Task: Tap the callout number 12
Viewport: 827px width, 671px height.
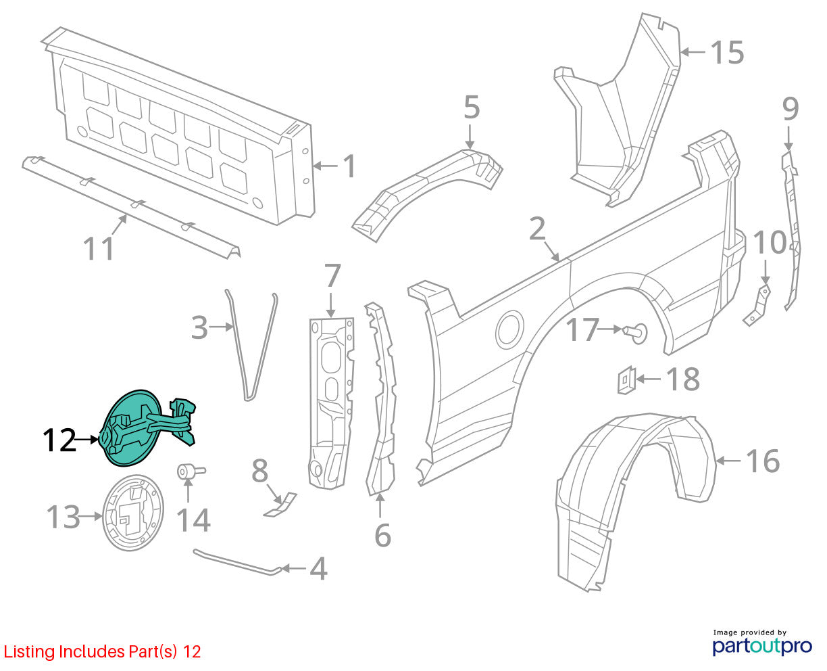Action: pyautogui.click(x=59, y=440)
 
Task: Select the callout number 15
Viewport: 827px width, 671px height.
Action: pyautogui.click(x=727, y=52)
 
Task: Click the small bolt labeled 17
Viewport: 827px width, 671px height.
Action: pyautogui.click(x=635, y=333)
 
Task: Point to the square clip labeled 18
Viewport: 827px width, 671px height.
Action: pyautogui.click(x=626, y=380)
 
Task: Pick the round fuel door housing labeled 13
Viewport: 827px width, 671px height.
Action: pyautogui.click(x=133, y=513)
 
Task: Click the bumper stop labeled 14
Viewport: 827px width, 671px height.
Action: pyautogui.click(x=191, y=471)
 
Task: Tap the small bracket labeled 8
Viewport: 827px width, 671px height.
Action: pyautogui.click(x=280, y=505)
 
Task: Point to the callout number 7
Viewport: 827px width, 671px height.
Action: pyautogui.click(x=332, y=275)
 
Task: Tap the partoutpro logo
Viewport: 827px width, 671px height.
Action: pyautogui.click(x=761, y=646)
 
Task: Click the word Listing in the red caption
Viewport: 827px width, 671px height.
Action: pyautogui.click(x=30, y=651)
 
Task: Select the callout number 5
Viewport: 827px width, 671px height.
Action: pyautogui.click(x=472, y=107)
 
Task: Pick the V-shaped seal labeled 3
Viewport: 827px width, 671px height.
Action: pyautogui.click(x=251, y=346)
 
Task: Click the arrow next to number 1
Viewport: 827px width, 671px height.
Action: pyautogui.click(x=326, y=166)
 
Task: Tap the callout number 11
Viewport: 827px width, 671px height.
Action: pyautogui.click(x=98, y=248)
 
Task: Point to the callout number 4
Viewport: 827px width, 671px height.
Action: pyautogui.click(x=318, y=568)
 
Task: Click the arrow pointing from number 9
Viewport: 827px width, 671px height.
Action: pyautogui.click(x=788, y=137)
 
